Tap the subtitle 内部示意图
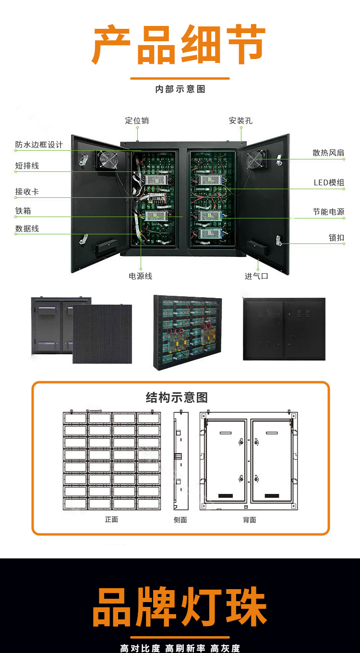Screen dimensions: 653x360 [x=180, y=89]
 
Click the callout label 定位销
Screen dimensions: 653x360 [x=137, y=121]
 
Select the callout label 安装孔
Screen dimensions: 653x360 [x=240, y=121]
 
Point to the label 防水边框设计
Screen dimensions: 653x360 [x=39, y=145]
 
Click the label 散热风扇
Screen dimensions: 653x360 [x=328, y=153]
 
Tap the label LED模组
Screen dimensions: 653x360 [x=329, y=182]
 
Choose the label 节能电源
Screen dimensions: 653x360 [x=328, y=212]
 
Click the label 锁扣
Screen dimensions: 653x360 [x=336, y=238]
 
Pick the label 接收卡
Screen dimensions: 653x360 [x=27, y=192]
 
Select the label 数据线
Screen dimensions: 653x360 [x=27, y=229]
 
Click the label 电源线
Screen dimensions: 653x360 [x=140, y=276]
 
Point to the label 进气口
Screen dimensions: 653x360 [x=256, y=276]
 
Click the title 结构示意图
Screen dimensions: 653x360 [x=177, y=398]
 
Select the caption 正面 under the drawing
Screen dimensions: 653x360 [x=111, y=520]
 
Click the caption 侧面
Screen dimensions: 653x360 [x=180, y=520]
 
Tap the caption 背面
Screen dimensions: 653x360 [x=249, y=520]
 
